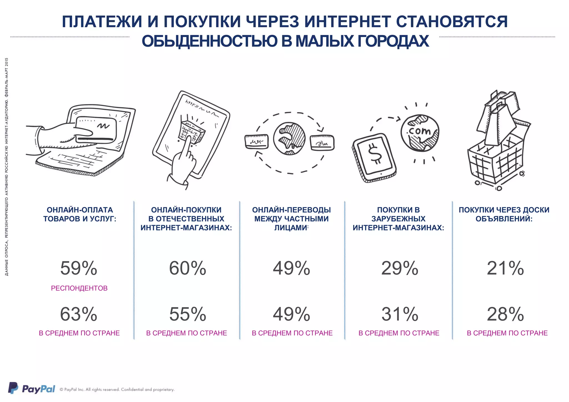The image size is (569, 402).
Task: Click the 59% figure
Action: (79, 268)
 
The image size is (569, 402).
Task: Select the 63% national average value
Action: (79, 314)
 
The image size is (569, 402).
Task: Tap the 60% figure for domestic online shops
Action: (188, 268)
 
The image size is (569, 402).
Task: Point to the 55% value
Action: (188, 314)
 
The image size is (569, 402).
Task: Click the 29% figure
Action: (400, 268)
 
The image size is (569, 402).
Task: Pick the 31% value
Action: (400, 314)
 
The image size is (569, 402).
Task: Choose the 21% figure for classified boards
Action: (505, 268)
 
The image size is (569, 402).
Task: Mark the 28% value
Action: (505, 314)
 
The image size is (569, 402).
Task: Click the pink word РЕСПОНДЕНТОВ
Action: (79, 288)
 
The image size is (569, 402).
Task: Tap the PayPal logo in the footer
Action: (32, 389)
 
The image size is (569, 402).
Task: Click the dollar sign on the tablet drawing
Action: (375, 154)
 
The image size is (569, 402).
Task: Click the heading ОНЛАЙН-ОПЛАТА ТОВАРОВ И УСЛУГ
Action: (80, 214)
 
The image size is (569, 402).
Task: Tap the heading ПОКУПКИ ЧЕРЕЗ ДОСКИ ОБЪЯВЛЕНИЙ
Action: (504, 214)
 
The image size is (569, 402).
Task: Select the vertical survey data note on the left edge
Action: (7, 166)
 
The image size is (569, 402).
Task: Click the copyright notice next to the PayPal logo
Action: (117, 390)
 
